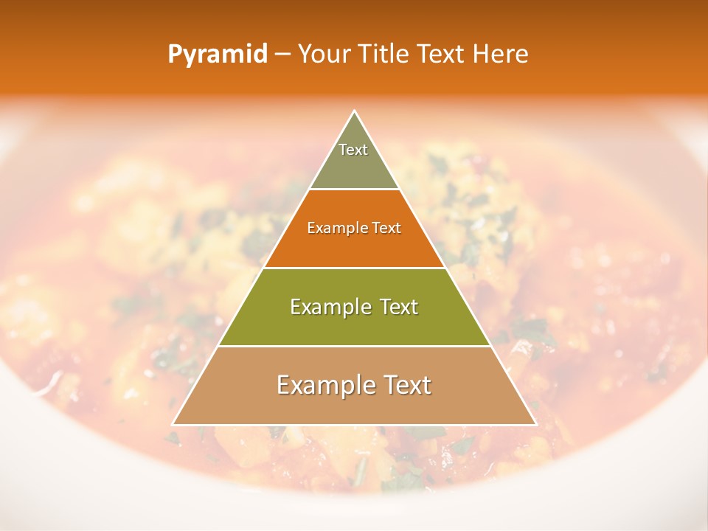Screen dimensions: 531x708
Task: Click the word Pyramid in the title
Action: pyautogui.click(x=218, y=55)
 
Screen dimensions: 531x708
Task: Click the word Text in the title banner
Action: pyautogui.click(x=443, y=55)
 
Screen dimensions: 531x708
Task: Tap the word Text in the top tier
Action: pyautogui.click(x=353, y=150)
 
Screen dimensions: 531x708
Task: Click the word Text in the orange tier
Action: pyautogui.click(x=386, y=228)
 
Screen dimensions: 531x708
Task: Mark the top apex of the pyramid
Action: pyautogui.click(x=354, y=111)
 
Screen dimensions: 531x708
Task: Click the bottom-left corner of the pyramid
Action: pyautogui.click(x=173, y=424)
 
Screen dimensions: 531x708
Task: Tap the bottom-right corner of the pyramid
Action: pyautogui.click(x=535, y=424)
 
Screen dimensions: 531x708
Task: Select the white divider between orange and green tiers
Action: pyautogui.click(x=354, y=268)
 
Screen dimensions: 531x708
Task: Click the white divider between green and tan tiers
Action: pyautogui.click(x=354, y=347)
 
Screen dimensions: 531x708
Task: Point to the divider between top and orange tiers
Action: pyautogui.click(x=354, y=190)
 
